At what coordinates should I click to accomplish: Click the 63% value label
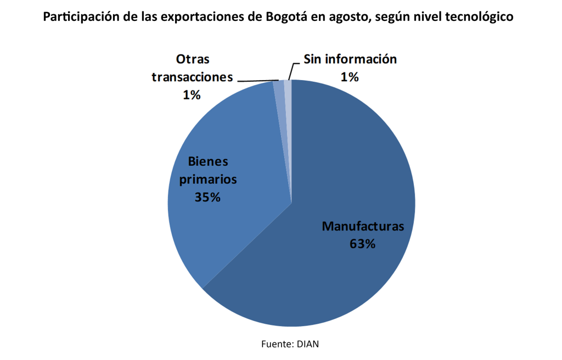[362, 244]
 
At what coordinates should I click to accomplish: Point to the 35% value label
[207, 197]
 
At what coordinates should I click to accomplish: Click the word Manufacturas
[363, 226]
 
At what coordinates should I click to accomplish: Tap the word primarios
[207, 179]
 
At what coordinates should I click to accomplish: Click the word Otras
[192, 59]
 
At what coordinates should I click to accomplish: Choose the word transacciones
[192, 77]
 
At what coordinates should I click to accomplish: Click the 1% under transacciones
[192, 94]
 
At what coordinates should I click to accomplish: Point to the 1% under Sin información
[350, 77]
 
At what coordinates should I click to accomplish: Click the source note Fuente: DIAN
[290, 344]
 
